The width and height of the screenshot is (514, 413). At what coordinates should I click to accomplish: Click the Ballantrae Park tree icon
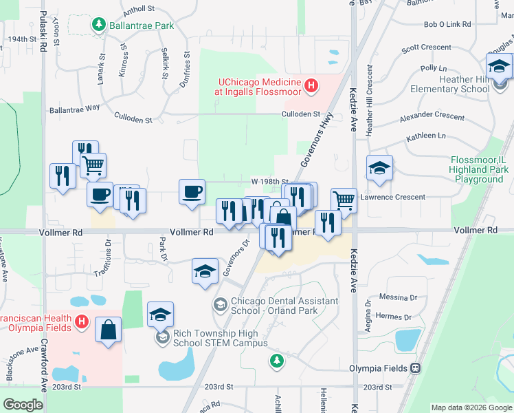pos(99,25)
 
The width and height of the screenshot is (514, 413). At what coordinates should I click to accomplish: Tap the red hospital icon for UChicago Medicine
pos(311,87)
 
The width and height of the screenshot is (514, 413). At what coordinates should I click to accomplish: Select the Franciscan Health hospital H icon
pos(81,321)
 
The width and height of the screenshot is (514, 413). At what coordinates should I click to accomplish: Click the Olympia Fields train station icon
pos(415,368)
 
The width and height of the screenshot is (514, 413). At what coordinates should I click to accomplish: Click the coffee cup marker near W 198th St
pos(192,191)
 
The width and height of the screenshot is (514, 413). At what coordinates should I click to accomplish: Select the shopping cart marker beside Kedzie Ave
pos(344,200)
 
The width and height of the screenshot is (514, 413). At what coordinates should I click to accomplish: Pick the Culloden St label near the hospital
pos(303,114)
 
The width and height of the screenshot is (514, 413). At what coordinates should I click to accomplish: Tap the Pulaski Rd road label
pos(43,31)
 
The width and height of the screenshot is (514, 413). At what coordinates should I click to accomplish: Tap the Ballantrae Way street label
pos(74,109)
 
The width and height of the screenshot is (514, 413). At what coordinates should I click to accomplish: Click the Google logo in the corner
pos(23,405)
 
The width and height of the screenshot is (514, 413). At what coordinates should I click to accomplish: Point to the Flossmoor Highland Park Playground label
pos(479,169)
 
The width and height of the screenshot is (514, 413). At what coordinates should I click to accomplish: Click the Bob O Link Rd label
pos(447,24)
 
